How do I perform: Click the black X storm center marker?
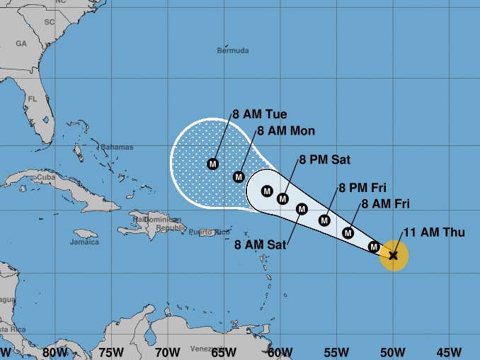coord(393,255)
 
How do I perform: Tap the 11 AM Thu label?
coord(434,232)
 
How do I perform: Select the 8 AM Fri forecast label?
coord(386,204)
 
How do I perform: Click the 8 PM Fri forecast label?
coord(362,188)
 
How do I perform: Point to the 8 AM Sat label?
coord(260,246)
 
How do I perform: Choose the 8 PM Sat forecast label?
coord(325,160)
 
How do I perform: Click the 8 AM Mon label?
coord(286,130)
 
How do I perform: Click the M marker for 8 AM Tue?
coord(212,164)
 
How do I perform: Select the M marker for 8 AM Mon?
coord(239,176)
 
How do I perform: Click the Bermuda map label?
coord(233,51)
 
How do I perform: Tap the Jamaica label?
coord(85,242)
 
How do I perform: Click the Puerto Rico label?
coord(210,232)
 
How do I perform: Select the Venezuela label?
coord(207,349)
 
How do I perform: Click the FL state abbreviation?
coord(33,99)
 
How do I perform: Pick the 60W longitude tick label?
coord(280,352)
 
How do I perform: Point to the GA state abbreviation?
coord(21,43)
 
